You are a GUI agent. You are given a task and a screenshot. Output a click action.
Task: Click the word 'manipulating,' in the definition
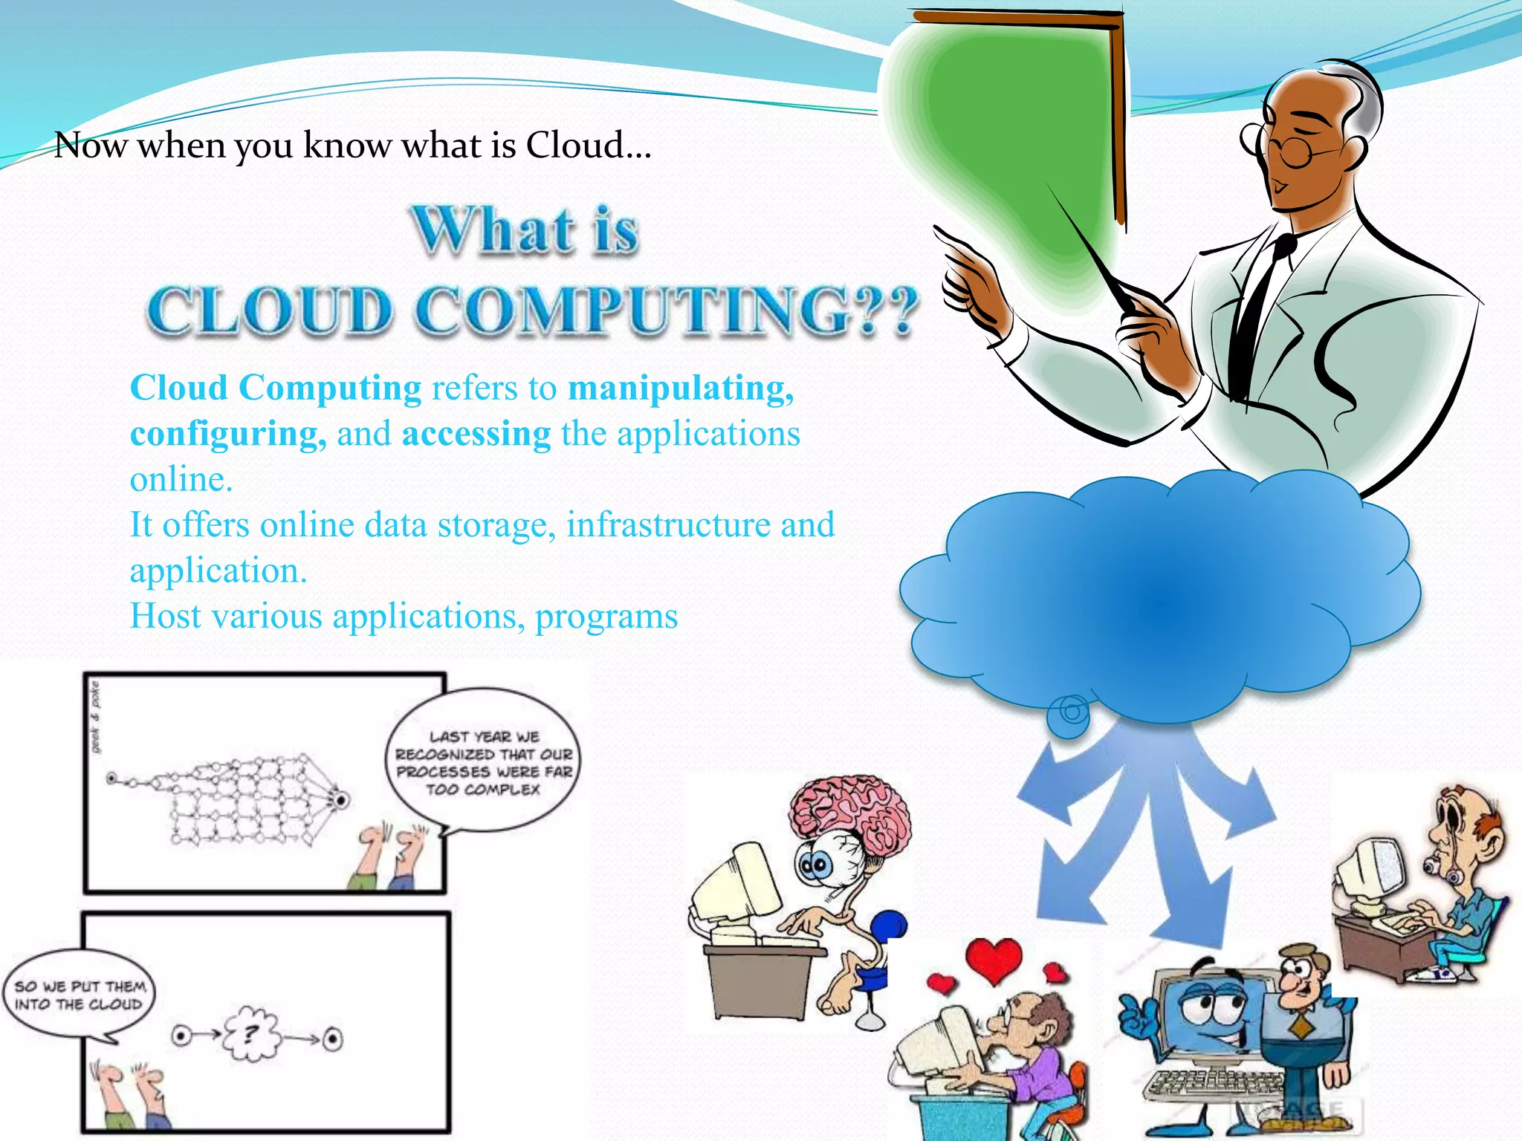(x=681, y=389)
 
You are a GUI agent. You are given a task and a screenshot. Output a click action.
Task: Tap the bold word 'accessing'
(x=476, y=435)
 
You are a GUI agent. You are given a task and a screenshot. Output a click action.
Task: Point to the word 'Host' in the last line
(x=164, y=617)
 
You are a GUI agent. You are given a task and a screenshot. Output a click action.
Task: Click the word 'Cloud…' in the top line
(x=589, y=145)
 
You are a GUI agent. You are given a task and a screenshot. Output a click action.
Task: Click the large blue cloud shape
(x=1159, y=594)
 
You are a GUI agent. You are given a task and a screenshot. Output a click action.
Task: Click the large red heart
(x=994, y=960)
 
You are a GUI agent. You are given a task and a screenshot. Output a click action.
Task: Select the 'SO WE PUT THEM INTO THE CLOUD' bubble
(x=78, y=995)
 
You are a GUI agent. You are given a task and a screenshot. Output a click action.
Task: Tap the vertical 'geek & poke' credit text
(x=95, y=717)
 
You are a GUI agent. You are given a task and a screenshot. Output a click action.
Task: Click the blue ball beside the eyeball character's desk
(x=889, y=927)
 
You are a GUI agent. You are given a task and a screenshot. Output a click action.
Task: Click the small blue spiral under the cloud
(x=1070, y=713)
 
